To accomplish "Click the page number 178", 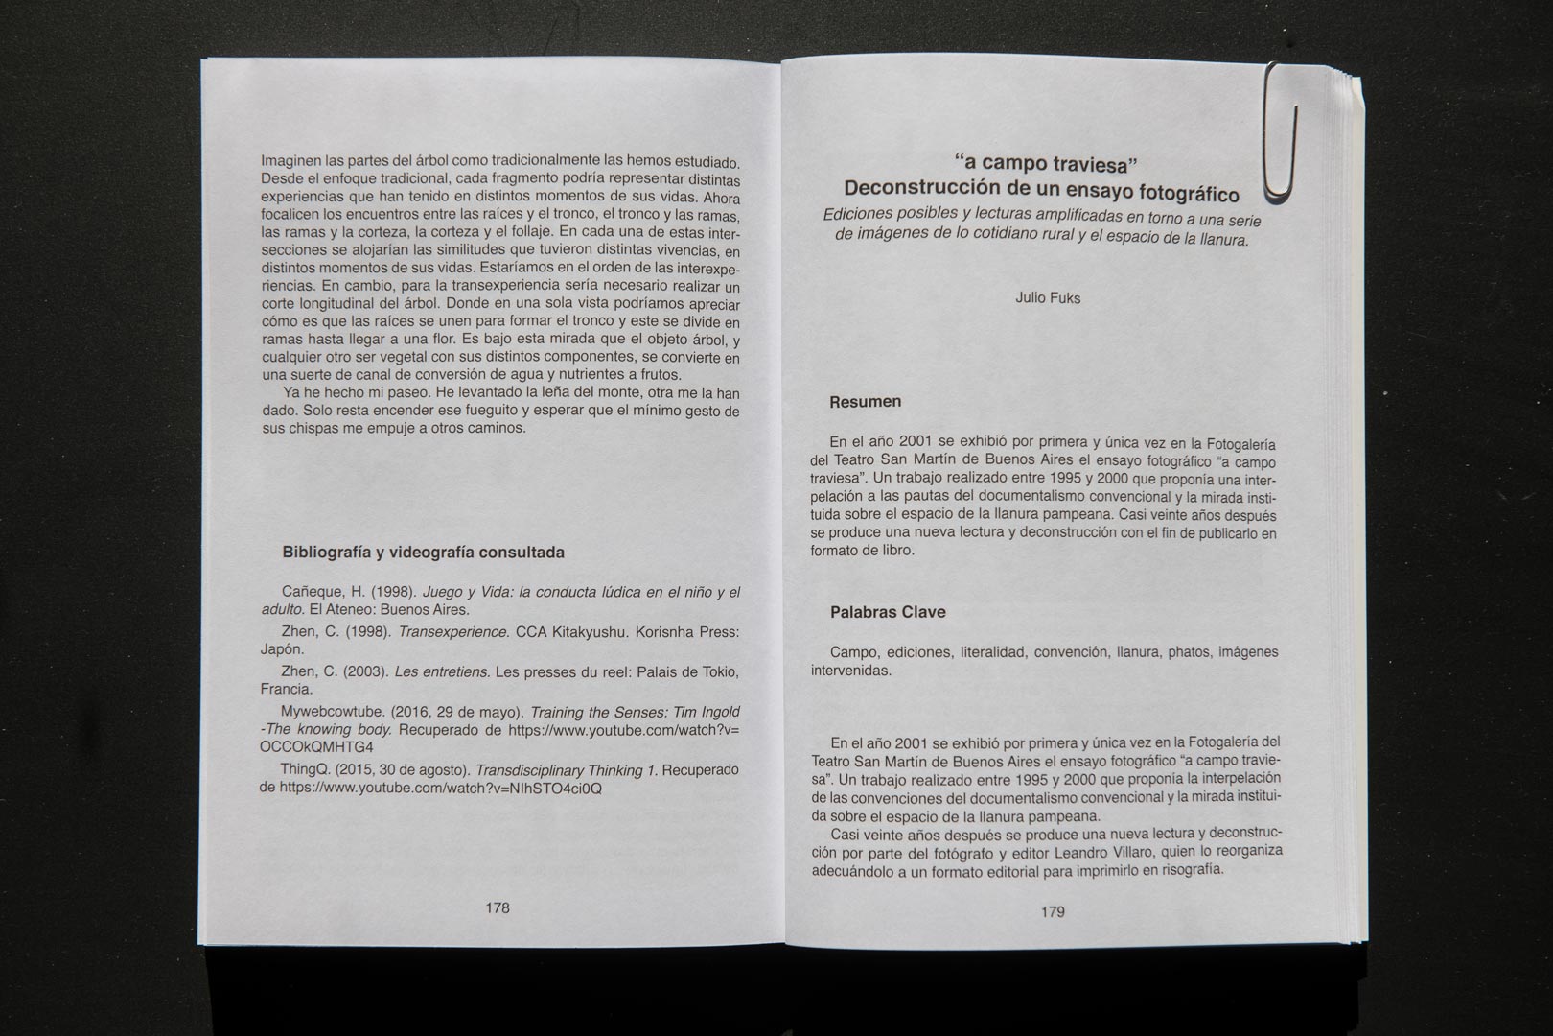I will pyautogui.click(x=497, y=907).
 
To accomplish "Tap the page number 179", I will pyautogui.click(x=1053, y=911).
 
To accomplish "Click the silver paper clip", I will pyautogui.click(x=1281, y=134).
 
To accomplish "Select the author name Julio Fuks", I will pyautogui.click(x=1048, y=298).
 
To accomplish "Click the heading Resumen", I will pyautogui.click(x=865, y=402).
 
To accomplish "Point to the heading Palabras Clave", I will pyautogui.click(x=888, y=612).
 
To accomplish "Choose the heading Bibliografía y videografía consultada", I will pyautogui.click(x=423, y=553).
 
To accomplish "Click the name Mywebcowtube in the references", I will pyautogui.click(x=327, y=712).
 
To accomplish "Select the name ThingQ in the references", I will pyautogui.click(x=304, y=770).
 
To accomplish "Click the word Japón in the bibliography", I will pyautogui.click(x=282, y=649).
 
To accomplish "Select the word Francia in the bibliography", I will pyautogui.click(x=286, y=689).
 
